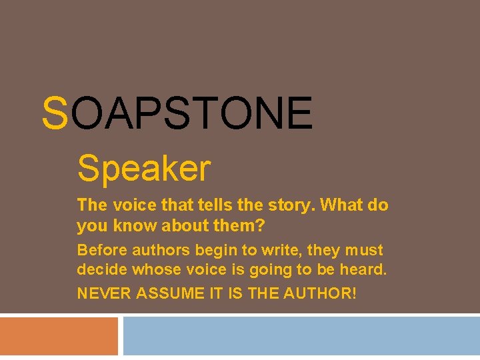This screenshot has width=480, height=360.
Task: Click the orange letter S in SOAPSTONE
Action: (x=55, y=113)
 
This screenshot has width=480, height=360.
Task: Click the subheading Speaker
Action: (x=144, y=168)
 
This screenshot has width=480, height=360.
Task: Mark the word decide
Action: (x=102, y=270)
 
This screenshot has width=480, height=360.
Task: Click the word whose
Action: (x=156, y=270)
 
